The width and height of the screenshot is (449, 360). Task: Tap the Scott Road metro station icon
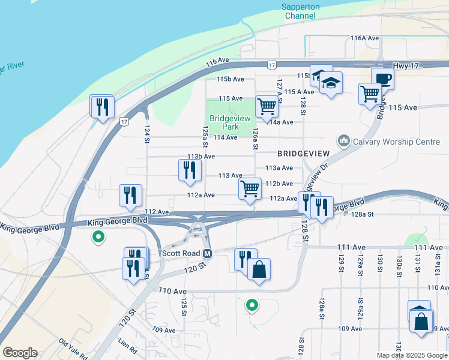pyautogui.click(x=207, y=253)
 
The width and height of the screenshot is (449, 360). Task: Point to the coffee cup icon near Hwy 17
pyautogui.click(x=382, y=78)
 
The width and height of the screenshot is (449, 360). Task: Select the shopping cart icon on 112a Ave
pyautogui.click(x=250, y=188)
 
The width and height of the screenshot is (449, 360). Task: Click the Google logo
pyautogui.click(x=20, y=353)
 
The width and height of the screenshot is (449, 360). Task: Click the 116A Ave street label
pyautogui.click(x=365, y=38)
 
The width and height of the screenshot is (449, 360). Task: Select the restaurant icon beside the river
pyautogui.click(x=102, y=106)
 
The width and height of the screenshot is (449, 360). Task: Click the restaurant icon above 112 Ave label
pyautogui.click(x=130, y=194)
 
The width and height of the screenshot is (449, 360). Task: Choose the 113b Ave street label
pyautogui.click(x=201, y=157)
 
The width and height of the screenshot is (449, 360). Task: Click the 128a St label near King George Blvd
pyautogui.click(x=363, y=214)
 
